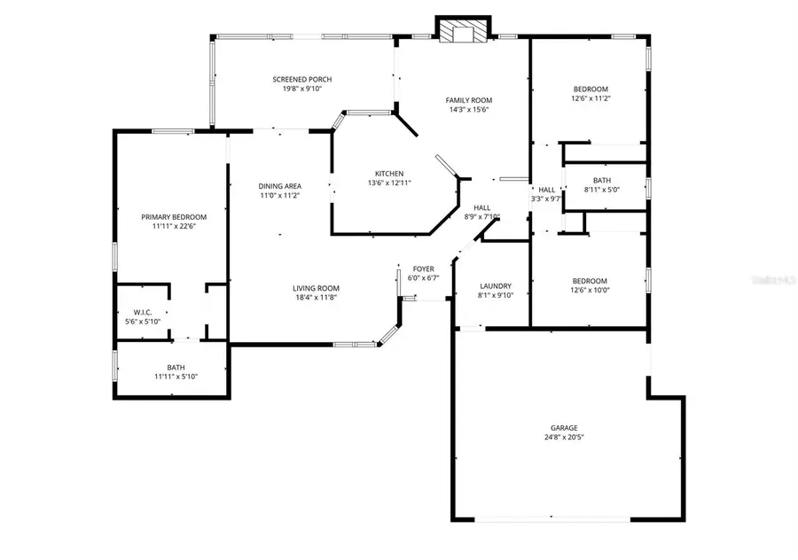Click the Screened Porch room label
tap(301, 80)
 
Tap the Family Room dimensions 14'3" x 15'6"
tap(468, 110)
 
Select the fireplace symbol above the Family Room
tap(462, 31)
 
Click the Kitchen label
tap(389, 174)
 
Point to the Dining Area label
tap(280, 186)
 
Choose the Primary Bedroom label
tap(174, 217)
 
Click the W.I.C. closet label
tap(142, 311)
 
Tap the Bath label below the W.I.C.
tap(176, 368)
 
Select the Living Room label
tap(316, 288)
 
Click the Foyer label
tap(423, 268)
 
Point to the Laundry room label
tap(495, 286)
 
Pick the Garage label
tap(564, 427)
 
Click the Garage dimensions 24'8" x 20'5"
tap(564, 437)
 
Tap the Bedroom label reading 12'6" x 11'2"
tap(591, 89)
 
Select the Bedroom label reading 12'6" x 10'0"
tap(590, 281)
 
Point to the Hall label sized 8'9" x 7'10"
tap(481, 207)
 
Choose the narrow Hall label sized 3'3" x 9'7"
tap(546, 190)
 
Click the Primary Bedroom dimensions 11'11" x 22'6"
tap(174, 227)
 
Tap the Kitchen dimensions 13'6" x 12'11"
tap(389, 183)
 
